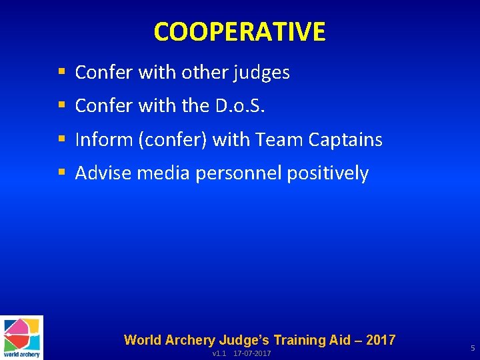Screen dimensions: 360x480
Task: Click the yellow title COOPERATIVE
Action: [x=239, y=31]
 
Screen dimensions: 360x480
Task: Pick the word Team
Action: [x=280, y=139]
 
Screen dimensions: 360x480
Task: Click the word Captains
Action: [x=345, y=139]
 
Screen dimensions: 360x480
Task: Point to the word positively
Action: [x=327, y=173]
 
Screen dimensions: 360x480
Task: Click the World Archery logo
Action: [x=22, y=337]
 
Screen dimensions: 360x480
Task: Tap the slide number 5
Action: [x=472, y=348]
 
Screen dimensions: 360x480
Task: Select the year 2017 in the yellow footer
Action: [x=381, y=340]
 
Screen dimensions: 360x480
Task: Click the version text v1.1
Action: [x=219, y=353]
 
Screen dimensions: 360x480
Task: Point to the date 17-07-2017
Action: [x=252, y=353]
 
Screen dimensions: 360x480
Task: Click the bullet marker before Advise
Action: [x=62, y=173]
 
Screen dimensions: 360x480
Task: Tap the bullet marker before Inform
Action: [x=62, y=139]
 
